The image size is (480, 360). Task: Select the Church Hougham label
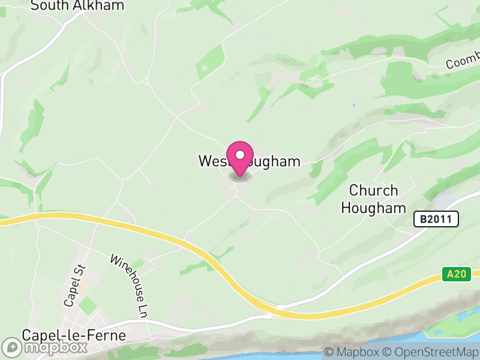tap(374, 199)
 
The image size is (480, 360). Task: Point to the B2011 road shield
tap(436, 220)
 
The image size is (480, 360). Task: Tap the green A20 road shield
tap(455, 274)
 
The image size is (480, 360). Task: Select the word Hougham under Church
tap(374, 208)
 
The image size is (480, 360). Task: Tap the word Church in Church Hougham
tap(374, 191)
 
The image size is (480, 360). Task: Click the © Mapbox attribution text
tap(352, 352)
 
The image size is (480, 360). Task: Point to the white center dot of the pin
tap(240, 155)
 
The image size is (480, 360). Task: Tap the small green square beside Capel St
tap(88, 306)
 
